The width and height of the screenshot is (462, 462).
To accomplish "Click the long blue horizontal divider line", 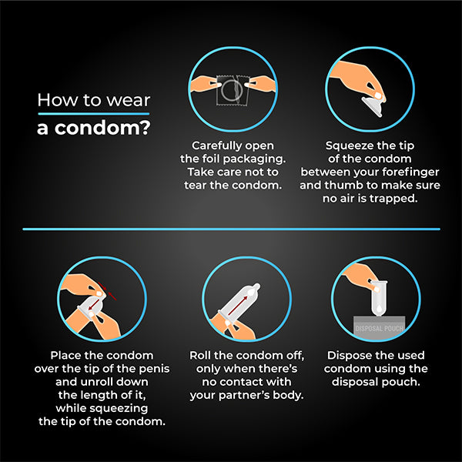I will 231,229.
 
